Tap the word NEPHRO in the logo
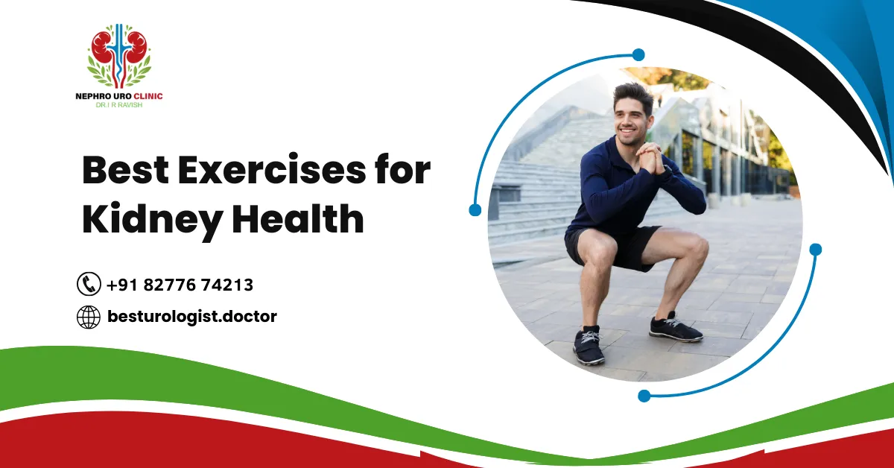[93, 96]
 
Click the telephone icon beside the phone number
[89, 284]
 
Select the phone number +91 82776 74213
[180, 285]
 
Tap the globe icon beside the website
[89, 317]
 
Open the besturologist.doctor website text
[191, 317]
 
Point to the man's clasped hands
[650, 158]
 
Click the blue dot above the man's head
[638, 54]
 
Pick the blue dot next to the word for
[475, 210]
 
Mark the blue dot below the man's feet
[644, 396]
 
